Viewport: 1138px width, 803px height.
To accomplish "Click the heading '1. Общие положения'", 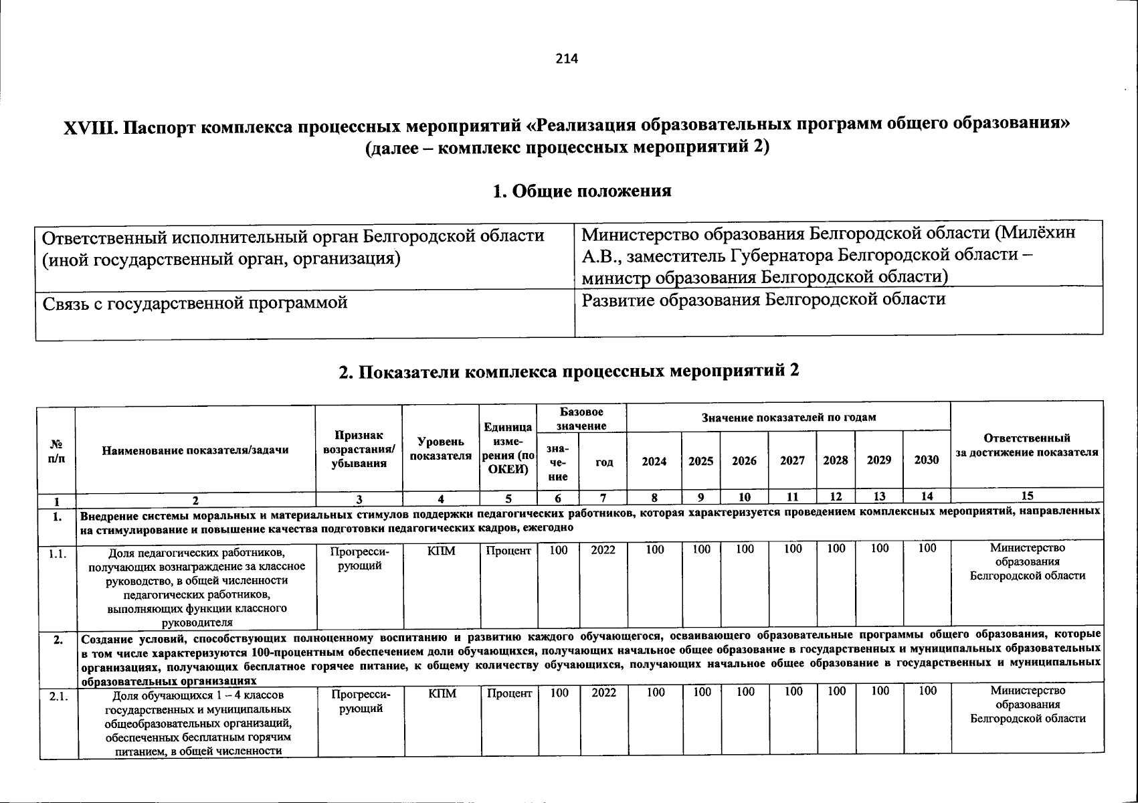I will pyautogui.click(x=581, y=191).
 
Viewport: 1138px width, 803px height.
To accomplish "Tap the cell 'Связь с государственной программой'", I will pyautogui.click(x=195, y=303).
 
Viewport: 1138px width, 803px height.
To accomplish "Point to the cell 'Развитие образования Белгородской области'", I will pyautogui.click(x=763, y=299).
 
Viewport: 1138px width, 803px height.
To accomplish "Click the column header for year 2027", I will pyautogui.click(x=792, y=460).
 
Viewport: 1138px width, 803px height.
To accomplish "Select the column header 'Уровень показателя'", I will pyautogui.click(x=440, y=448).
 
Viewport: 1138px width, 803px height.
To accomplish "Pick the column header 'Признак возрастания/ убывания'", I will pyautogui.click(x=359, y=448).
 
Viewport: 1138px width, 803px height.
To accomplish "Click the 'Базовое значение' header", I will pyautogui.click(x=581, y=419).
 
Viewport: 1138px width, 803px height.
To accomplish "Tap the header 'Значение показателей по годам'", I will pyautogui.click(x=788, y=418).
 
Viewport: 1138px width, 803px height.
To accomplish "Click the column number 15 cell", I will pyautogui.click(x=1027, y=497).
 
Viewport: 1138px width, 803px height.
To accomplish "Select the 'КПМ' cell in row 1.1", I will pyautogui.click(x=441, y=550).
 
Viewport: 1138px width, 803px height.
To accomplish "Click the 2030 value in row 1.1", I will pyautogui.click(x=927, y=549).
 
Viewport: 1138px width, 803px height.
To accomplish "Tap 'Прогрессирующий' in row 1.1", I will pyautogui.click(x=359, y=557).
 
